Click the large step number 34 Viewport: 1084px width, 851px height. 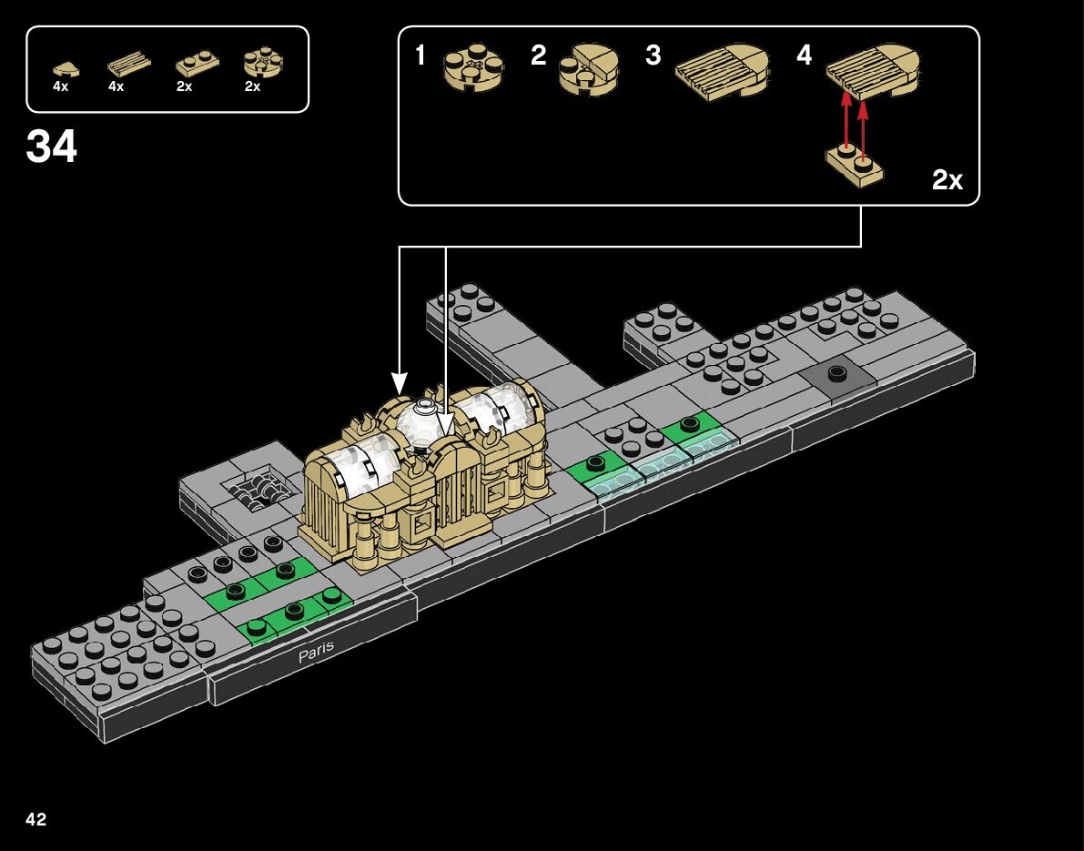click(52, 147)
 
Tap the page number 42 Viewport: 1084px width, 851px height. click(36, 820)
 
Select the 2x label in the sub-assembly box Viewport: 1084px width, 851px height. click(947, 180)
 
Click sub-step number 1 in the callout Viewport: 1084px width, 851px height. click(420, 56)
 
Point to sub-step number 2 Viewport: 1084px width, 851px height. click(539, 56)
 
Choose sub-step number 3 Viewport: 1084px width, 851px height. click(653, 56)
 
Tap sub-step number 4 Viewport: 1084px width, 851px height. click(804, 56)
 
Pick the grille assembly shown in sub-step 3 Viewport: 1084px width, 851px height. click(724, 71)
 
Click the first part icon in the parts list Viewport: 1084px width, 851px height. click(65, 66)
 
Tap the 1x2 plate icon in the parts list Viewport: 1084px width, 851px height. click(196, 66)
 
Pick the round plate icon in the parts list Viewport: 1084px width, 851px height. click(263, 64)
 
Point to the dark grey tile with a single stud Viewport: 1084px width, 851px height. click(835, 374)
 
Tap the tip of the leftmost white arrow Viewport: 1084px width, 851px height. click(399, 390)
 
